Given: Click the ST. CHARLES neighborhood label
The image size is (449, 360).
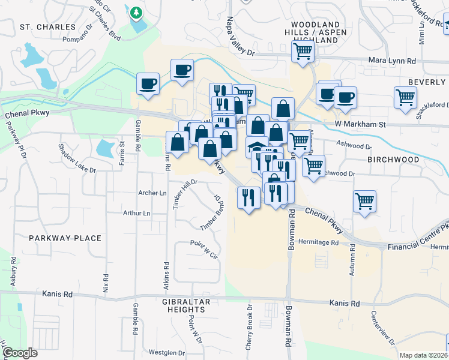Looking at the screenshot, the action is [x=47, y=27].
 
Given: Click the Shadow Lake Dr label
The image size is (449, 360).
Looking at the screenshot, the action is [x=77, y=158].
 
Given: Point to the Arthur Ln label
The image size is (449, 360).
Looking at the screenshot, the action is [x=136, y=213].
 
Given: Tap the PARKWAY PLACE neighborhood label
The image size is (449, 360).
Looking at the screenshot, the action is [x=65, y=238].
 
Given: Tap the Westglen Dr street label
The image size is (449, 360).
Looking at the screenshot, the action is [x=165, y=353].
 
